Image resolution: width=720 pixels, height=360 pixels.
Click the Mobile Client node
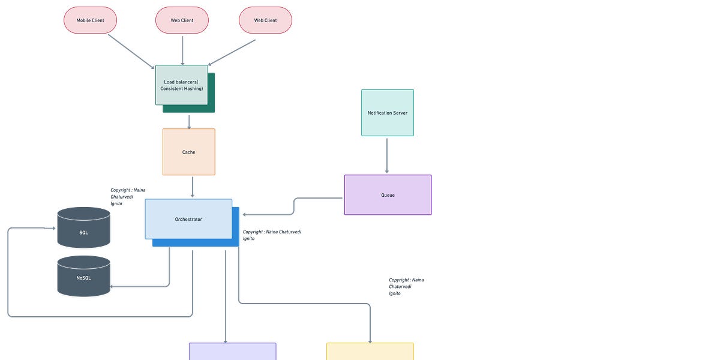(90, 20)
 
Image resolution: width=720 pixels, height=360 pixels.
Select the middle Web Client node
(182, 20)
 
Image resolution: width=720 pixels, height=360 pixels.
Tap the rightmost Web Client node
(265, 20)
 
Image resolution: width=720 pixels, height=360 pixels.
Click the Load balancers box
(182, 85)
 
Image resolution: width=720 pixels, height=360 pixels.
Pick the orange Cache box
(188, 152)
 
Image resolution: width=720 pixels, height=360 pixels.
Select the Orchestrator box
(188, 219)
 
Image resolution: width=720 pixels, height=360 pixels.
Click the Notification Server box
(387, 113)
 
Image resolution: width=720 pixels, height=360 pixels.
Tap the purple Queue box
(388, 195)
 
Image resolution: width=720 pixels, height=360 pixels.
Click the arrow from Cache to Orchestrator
(193, 187)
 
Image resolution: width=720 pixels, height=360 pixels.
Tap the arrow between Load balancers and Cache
(189, 122)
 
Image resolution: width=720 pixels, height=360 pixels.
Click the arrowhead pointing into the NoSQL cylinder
(113, 287)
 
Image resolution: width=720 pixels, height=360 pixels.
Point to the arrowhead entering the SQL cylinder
(54, 228)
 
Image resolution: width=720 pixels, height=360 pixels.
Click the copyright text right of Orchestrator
(272, 235)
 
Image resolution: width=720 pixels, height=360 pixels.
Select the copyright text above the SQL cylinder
(127, 197)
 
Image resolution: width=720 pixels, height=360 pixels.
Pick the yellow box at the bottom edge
(370, 352)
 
